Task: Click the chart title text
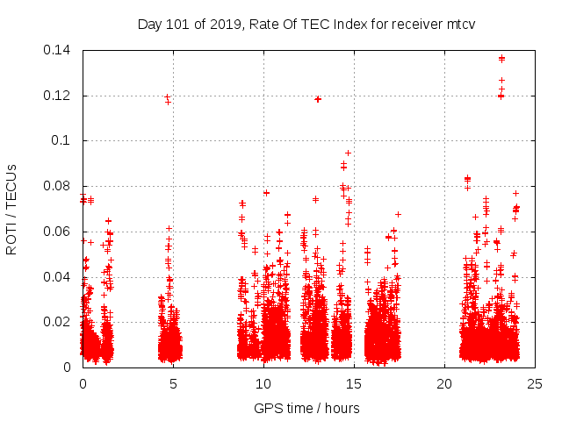306,25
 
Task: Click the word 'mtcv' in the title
459,25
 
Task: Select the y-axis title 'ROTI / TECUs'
12,208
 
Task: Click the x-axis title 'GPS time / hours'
306,408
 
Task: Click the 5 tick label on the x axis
173,383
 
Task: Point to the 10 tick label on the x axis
263,383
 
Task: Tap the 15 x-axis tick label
354,383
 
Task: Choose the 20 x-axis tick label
444,383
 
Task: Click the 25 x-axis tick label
535,383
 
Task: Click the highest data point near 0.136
501,59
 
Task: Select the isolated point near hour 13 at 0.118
318,99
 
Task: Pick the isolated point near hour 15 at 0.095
348,153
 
